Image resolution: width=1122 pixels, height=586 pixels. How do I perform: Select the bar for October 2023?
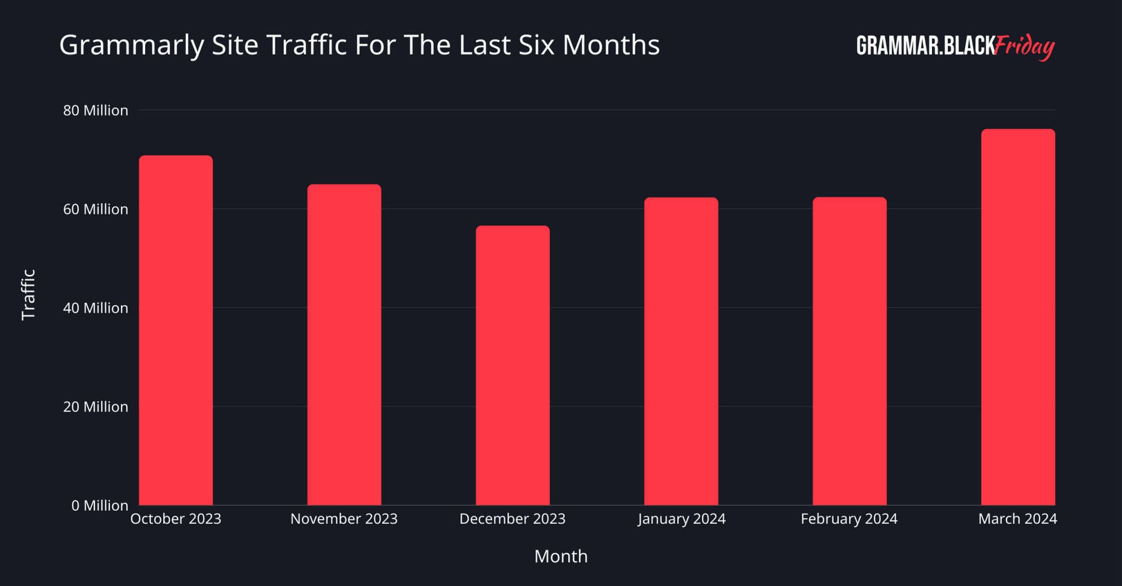pos(176,330)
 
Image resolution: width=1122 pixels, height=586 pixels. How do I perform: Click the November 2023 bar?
pos(344,345)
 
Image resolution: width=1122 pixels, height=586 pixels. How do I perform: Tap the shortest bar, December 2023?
pos(513,365)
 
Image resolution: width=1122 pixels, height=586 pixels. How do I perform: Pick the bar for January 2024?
pos(681,351)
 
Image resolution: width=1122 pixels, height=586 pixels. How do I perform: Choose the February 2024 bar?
pos(850,351)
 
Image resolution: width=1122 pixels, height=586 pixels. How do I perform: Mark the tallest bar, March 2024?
pos(1018,317)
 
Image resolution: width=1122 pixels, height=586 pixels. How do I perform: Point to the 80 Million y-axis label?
pos(95,111)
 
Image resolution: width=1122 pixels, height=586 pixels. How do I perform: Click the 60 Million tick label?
pos(95,209)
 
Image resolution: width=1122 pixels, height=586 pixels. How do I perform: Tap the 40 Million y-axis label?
pos(95,308)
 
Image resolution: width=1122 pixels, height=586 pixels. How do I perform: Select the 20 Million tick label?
pos(95,407)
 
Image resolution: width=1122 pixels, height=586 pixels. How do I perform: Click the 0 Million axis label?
pos(100,506)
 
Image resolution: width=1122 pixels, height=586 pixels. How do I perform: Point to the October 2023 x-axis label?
pos(176,519)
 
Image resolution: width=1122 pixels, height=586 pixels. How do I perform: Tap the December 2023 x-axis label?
pos(512,519)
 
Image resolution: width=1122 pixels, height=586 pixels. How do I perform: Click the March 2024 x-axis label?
pos(1017,519)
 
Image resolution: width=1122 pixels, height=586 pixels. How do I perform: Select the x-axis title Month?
pos(560,556)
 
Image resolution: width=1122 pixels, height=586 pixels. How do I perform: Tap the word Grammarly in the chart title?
pos(131,45)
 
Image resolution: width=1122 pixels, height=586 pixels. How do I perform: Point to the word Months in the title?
pos(611,45)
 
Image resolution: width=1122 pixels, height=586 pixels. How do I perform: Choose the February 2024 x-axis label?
pos(849,519)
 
